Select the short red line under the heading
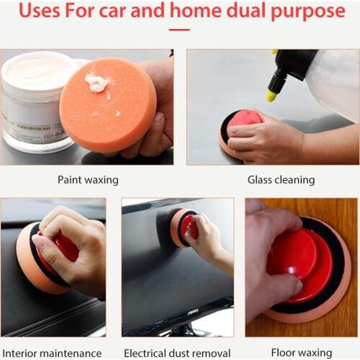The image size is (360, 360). (x=179, y=30)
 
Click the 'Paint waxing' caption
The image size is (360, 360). (x=87, y=180)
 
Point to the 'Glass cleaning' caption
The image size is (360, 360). (x=271, y=180)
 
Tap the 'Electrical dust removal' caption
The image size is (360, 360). (x=177, y=353)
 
